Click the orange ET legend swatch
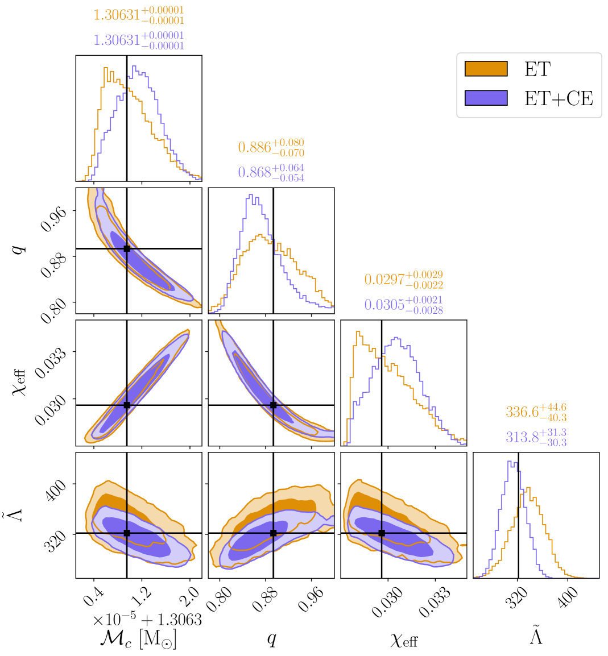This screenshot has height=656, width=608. [x=486, y=69]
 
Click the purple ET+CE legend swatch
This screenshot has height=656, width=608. [x=486, y=98]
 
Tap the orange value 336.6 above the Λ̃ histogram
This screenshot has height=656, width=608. [x=522, y=412]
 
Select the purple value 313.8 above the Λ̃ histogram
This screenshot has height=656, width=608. [x=522, y=437]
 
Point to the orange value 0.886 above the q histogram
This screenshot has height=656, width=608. [x=254, y=147]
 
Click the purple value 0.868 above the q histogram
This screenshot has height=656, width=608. [x=254, y=172]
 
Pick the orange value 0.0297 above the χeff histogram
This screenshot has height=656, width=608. [x=384, y=279]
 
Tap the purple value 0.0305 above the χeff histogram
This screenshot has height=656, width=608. [x=384, y=305]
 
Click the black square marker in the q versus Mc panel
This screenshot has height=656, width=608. [x=127, y=248]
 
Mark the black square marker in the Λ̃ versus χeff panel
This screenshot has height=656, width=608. [x=382, y=533]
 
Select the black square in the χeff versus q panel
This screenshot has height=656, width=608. [x=274, y=405]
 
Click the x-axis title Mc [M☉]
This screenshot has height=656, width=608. [x=138, y=638]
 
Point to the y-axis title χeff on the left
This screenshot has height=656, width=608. [x=20, y=382]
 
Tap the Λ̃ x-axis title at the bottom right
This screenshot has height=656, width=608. [x=536, y=636]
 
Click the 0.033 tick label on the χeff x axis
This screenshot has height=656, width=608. [x=436, y=601]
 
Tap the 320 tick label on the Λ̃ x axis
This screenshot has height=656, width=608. [x=518, y=598]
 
